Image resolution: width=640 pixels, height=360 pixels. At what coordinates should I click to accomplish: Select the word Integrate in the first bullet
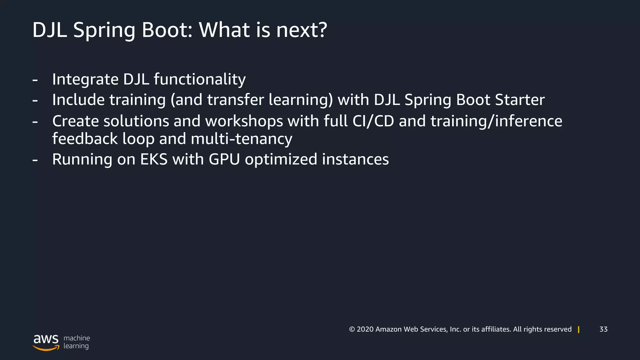pos(85,79)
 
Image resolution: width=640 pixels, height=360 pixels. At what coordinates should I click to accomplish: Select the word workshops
pos(244,121)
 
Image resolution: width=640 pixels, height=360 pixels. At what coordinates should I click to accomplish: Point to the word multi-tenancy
pos(241,139)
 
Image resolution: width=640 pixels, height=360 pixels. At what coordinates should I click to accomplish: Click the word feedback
pos(85,139)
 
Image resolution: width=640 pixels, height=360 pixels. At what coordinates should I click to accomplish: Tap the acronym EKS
pos(154,159)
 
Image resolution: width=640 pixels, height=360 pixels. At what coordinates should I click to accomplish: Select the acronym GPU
pos(224,159)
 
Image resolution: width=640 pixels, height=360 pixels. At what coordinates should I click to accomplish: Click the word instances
pos(355,159)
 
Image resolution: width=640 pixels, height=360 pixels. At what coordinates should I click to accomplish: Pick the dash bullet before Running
pos(35,160)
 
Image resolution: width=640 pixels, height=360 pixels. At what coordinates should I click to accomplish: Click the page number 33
pos(603,329)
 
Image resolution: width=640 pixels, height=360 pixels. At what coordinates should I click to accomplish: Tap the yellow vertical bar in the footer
pos(578,329)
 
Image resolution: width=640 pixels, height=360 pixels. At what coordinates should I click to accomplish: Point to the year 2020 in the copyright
pos(365,329)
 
